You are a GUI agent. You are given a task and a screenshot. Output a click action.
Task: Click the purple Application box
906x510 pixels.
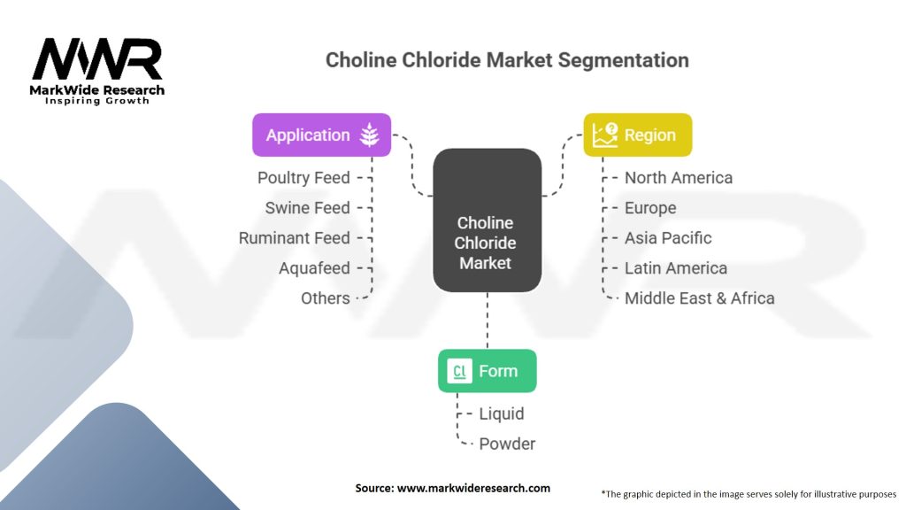(321, 135)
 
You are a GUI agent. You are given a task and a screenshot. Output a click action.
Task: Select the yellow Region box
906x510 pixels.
(637, 135)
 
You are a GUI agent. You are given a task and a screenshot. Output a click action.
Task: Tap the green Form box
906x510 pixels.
(488, 371)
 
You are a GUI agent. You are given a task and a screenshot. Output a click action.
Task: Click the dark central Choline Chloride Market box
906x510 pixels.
(488, 220)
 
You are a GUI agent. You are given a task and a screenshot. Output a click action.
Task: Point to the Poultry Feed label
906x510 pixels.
(303, 177)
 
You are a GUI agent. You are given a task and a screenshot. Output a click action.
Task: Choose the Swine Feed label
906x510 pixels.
(307, 207)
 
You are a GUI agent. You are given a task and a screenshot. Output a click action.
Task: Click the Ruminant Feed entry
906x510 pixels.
(294, 237)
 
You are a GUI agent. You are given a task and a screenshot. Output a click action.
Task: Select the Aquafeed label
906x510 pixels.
(314, 267)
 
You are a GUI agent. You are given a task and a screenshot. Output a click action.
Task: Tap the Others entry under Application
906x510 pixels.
(326, 297)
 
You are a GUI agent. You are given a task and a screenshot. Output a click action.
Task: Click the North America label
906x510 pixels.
(679, 177)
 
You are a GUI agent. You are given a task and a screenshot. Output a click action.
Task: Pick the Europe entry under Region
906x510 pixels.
(650, 207)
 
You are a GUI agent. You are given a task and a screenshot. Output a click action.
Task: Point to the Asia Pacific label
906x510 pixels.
(668, 237)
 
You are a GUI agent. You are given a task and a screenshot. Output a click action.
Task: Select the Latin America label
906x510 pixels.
(675, 267)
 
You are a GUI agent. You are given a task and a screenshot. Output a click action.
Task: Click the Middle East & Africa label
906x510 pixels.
(699, 297)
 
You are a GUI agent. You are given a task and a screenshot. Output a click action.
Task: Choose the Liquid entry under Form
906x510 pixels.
(502, 413)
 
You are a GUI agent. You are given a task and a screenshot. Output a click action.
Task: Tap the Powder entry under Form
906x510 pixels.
(507, 444)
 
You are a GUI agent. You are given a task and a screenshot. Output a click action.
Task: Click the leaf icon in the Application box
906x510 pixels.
(369, 135)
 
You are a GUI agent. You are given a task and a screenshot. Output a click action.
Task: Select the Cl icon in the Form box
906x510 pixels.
(459, 371)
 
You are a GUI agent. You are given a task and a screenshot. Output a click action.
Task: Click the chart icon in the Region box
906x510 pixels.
(604, 135)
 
